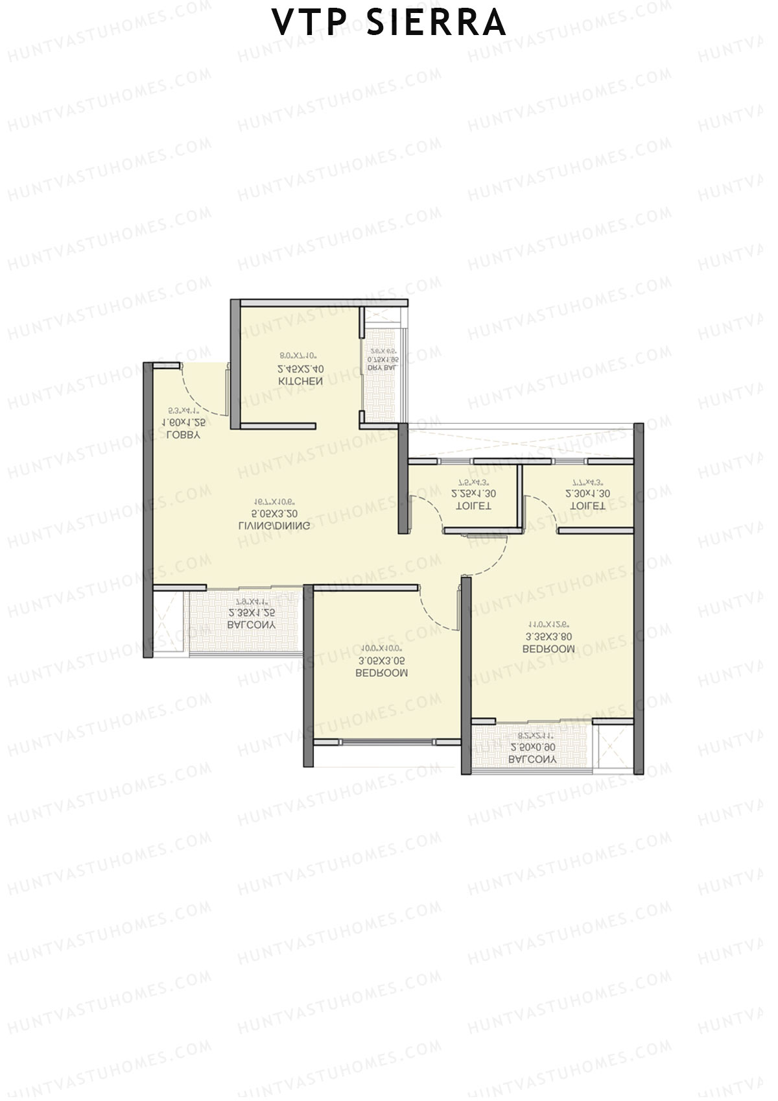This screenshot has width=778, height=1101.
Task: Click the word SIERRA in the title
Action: tap(436, 23)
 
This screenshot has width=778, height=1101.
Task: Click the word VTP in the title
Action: tap(312, 23)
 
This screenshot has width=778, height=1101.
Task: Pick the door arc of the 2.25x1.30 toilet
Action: tap(432, 509)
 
